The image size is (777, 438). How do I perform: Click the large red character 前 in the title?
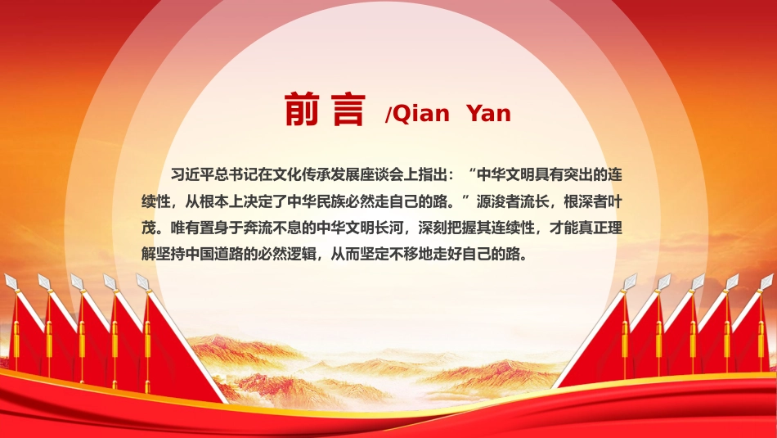[x=301, y=109]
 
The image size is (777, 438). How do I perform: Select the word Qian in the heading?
[x=420, y=114]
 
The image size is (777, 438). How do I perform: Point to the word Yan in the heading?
[x=488, y=114]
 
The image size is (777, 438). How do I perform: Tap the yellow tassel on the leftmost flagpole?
[x=16, y=337]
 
